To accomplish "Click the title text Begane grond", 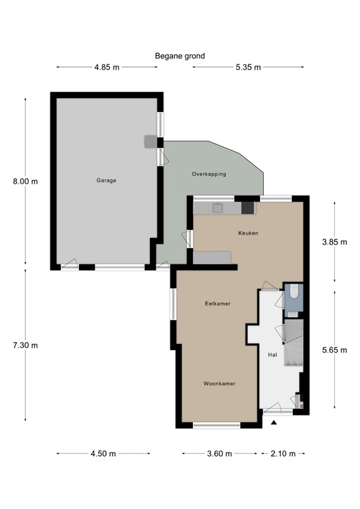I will tap(180, 56).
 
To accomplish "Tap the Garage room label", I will tap(106, 180).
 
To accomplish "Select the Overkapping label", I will tap(209, 174).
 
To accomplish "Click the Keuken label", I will tap(248, 233).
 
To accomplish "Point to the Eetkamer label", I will tap(217, 304).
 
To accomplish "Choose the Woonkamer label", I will tap(219, 383).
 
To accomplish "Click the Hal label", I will tap(272, 355).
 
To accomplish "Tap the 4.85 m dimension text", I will tap(107, 67).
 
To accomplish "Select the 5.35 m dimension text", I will tap(248, 67).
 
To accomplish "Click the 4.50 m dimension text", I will tap(103, 454).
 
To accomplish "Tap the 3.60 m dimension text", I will tap(219, 454).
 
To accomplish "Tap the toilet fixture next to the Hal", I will tap(294, 296).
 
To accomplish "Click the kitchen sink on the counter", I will tap(217, 207).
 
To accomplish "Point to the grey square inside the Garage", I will tap(152, 141).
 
